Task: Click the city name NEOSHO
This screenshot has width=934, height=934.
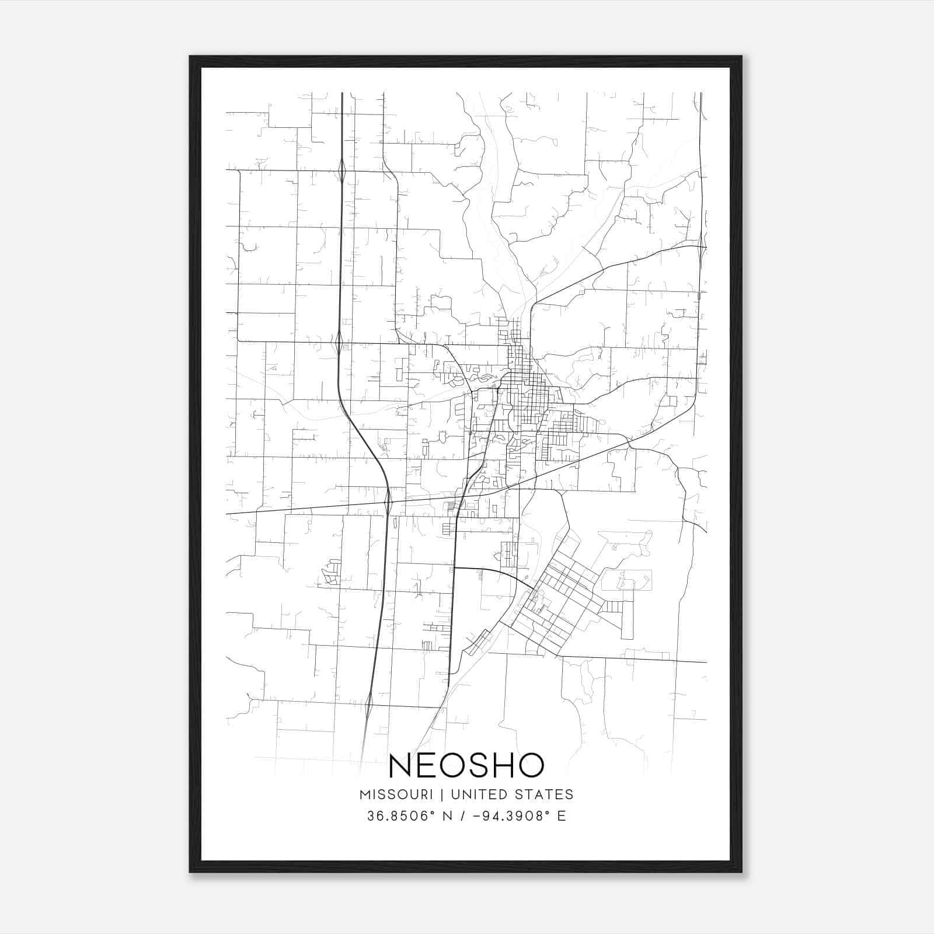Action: (x=466, y=765)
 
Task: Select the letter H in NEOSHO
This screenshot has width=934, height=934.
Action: (x=505, y=765)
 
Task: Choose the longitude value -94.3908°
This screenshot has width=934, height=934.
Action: (x=513, y=816)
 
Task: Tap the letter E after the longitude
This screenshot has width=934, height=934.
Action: (x=562, y=816)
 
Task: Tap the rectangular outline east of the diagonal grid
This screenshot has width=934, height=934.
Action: (x=626, y=580)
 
